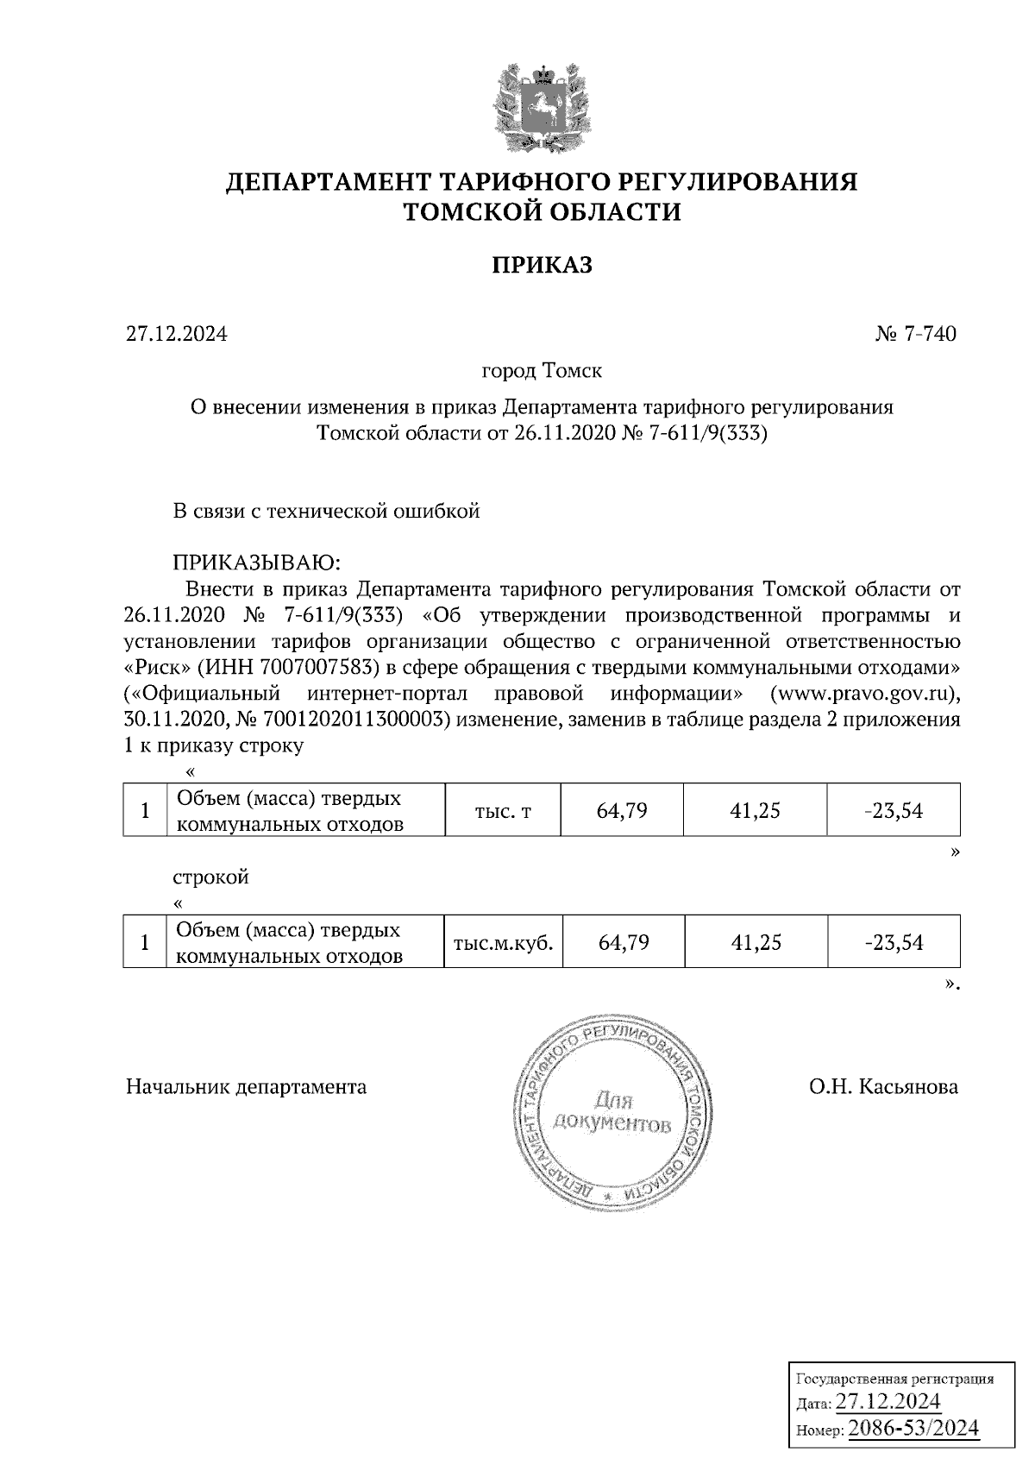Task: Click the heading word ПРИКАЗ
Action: pyautogui.click(x=542, y=265)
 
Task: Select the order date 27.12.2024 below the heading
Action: pyautogui.click(x=177, y=334)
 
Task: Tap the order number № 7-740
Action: pyautogui.click(x=915, y=334)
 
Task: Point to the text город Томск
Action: pyautogui.click(x=542, y=372)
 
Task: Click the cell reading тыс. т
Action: pyautogui.click(x=503, y=811)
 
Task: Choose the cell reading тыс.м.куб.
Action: pyautogui.click(x=503, y=942)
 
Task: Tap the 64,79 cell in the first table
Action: pyautogui.click(x=622, y=811)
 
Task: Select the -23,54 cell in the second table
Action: pyautogui.click(x=894, y=942)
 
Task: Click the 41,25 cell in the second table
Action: pyautogui.click(x=756, y=942)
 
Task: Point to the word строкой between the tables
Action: pyautogui.click(x=211, y=877)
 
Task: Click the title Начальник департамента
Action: pyautogui.click(x=246, y=1086)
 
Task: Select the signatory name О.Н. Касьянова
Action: pyautogui.click(x=883, y=1086)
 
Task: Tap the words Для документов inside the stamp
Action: pyautogui.click(x=612, y=1113)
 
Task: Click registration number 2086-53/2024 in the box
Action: pyautogui.click(x=913, y=1428)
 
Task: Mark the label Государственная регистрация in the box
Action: pyautogui.click(x=893, y=1379)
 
